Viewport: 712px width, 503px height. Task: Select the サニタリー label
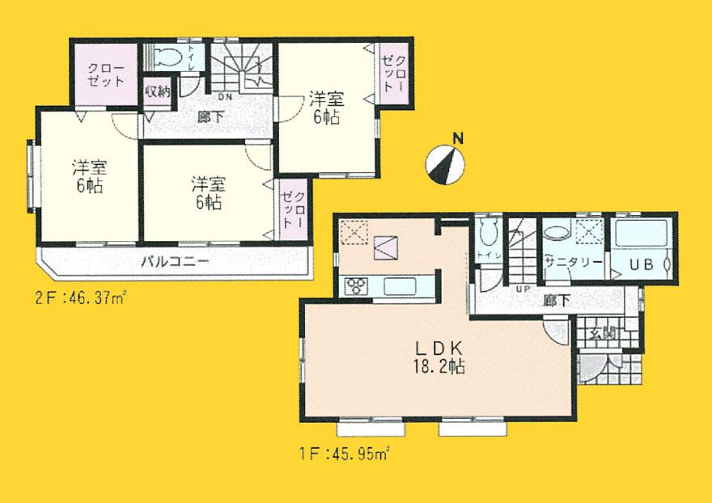[x=572, y=263]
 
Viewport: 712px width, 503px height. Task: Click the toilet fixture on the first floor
[x=486, y=235]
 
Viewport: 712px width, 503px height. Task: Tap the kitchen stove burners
[x=356, y=285]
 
